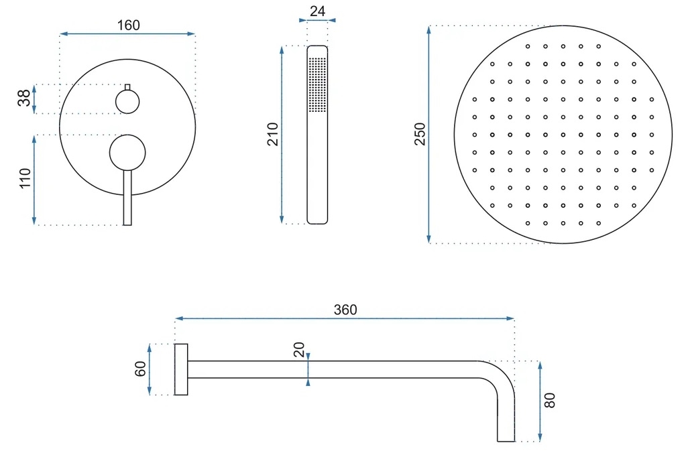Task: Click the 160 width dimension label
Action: pyautogui.click(x=129, y=25)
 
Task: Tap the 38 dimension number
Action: pyautogui.click(x=24, y=98)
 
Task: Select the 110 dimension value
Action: pyautogui.click(x=25, y=178)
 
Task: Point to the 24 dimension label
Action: pyautogui.click(x=317, y=11)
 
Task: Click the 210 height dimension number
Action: pyautogui.click(x=273, y=134)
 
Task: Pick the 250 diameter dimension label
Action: pyautogui.click(x=420, y=134)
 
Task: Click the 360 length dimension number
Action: pyautogui.click(x=345, y=310)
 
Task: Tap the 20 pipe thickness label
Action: pyautogui.click(x=299, y=350)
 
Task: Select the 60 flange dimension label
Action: pyautogui.click(x=140, y=369)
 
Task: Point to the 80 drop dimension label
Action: pyautogui.click(x=550, y=401)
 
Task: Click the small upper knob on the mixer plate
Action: pyautogui.click(x=127, y=102)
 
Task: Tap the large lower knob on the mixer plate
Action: pyautogui.click(x=127, y=153)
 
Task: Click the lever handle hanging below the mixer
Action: pyautogui.click(x=127, y=198)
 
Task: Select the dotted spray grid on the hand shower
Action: pyautogui.click(x=317, y=84)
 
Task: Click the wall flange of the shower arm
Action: pyautogui.click(x=181, y=369)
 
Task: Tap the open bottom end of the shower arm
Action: pyautogui.click(x=506, y=441)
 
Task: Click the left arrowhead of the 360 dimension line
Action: pyautogui.click(x=178, y=318)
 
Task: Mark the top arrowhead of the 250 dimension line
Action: pyautogui.click(x=428, y=29)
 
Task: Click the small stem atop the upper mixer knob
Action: pyautogui.click(x=127, y=87)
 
